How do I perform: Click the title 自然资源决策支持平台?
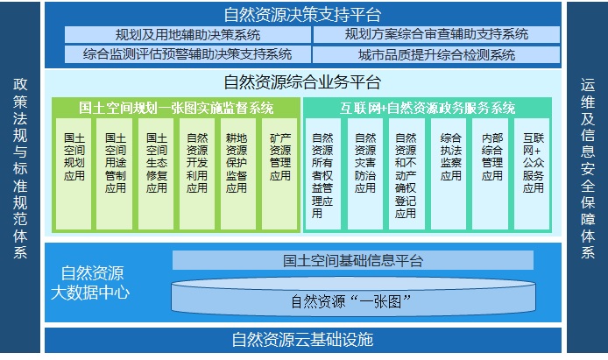click(302, 15)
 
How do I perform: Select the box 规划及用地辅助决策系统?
click(187, 35)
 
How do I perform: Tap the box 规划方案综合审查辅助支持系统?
click(436, 34)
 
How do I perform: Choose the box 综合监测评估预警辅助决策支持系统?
click(187, 54)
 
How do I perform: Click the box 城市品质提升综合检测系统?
click(436, 54)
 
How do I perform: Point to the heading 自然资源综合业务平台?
click(302, 82)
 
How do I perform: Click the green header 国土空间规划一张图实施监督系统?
click(176, 108)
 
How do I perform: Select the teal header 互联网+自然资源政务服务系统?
click(428, 108)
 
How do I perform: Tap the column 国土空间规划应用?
click(74, 173)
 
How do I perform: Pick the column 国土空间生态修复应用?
click(156, 173)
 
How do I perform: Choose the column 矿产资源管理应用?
click(279, 173)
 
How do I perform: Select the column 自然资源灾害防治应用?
click(364, 173)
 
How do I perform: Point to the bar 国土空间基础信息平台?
click(353, 260)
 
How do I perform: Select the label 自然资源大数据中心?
click(91, 283)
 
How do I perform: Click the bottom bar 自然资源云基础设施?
click(303, 340)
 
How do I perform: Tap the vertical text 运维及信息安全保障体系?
click(588, 168)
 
